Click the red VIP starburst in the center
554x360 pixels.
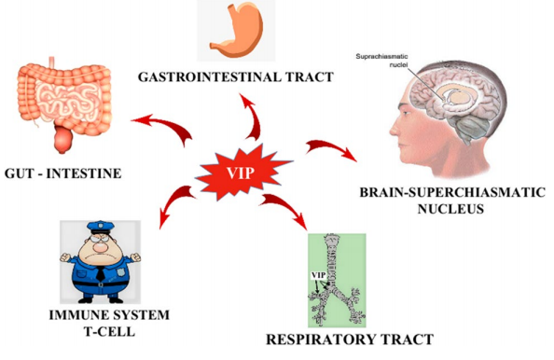[x=241, y=172]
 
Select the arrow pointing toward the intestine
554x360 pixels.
[x=158, y=124]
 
